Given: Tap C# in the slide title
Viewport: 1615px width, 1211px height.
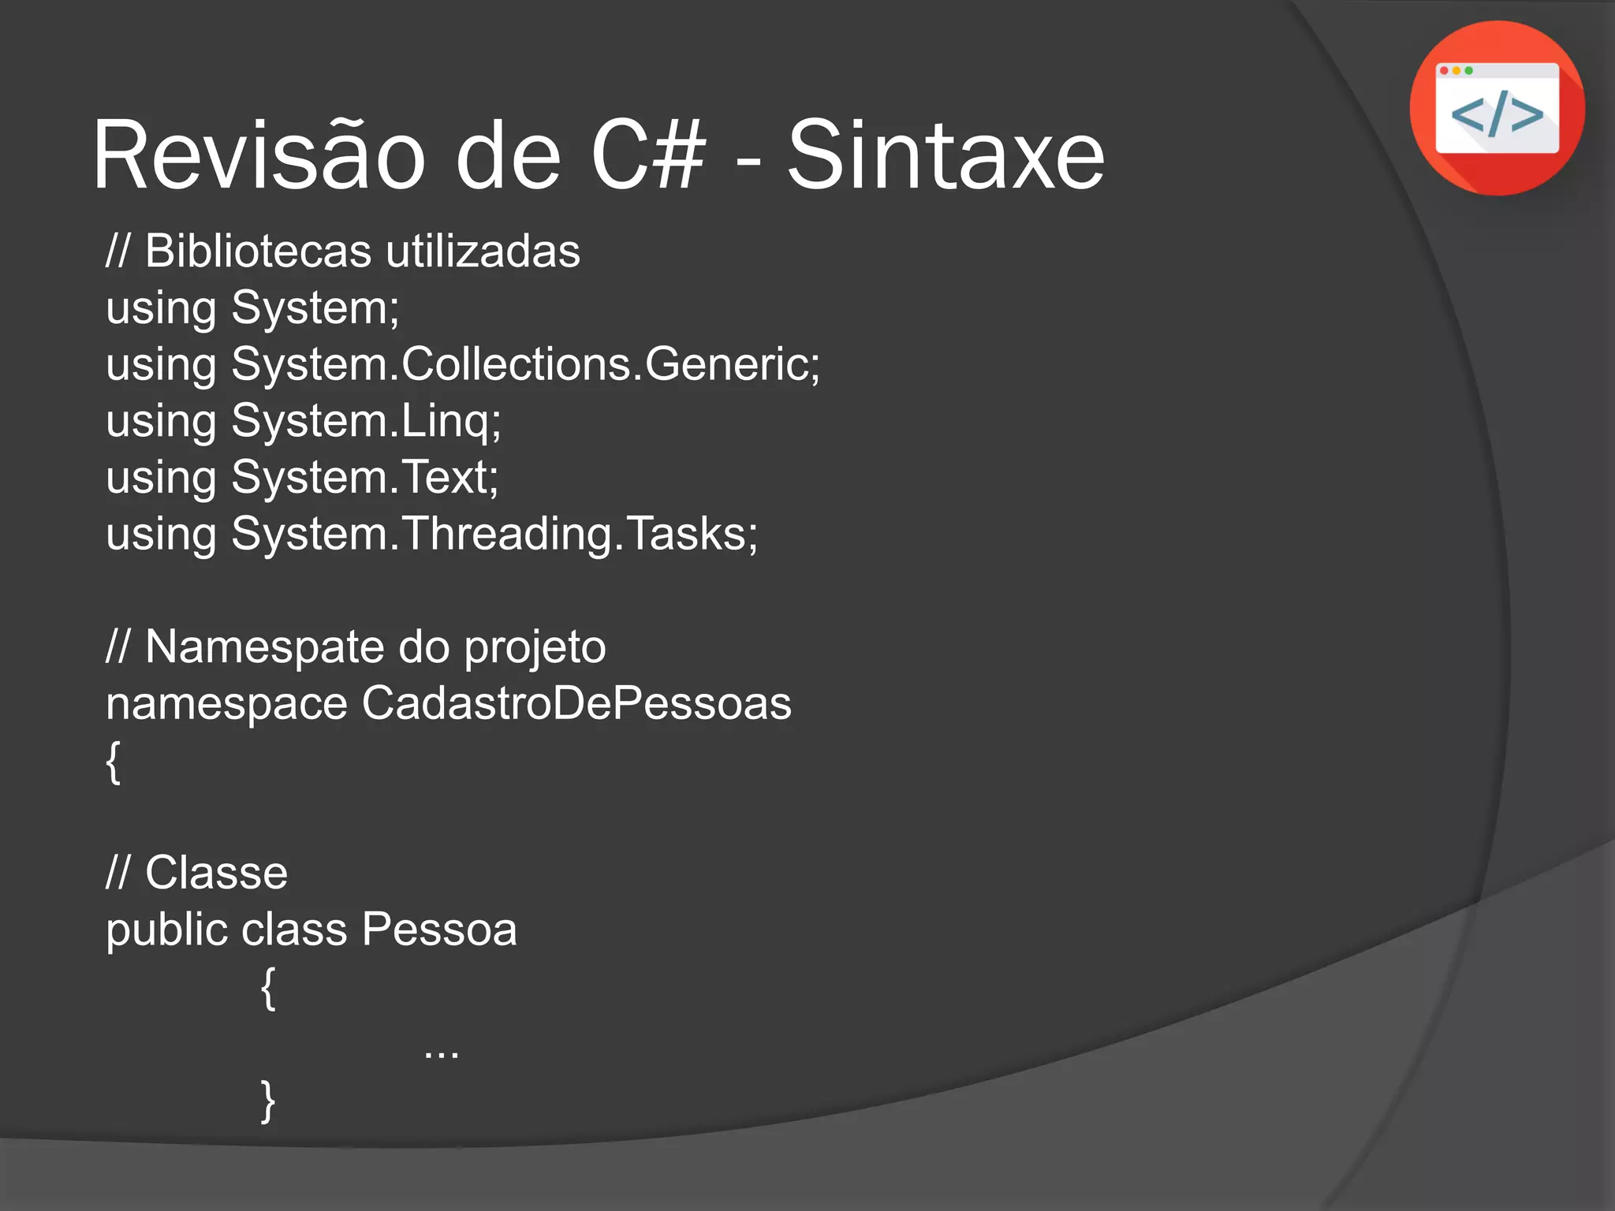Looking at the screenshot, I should (647, 155).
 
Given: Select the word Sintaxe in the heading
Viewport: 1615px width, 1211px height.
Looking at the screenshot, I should (946, 155).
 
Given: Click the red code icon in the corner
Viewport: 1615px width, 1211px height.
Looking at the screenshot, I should (1497, 108).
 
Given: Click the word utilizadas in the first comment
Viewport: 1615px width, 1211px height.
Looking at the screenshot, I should (483, 252).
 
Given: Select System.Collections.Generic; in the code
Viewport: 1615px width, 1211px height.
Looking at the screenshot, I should (525, 365).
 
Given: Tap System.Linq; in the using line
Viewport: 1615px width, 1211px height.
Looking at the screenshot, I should (366, 421).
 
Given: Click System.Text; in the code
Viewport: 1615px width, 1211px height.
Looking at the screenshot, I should (364, 478).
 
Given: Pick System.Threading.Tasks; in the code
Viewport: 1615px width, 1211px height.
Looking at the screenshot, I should (494, 535).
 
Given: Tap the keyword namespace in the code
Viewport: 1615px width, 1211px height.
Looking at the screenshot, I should (226, 704).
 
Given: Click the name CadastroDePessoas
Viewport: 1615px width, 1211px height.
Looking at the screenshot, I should (576, 703).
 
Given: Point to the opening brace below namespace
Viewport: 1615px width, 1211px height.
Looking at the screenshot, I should (114, 762).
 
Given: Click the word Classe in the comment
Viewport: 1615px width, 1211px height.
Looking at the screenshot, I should (216, 874).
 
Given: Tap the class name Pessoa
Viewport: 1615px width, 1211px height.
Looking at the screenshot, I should (439, 930).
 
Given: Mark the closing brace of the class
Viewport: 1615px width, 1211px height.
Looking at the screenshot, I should (268, 1101).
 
